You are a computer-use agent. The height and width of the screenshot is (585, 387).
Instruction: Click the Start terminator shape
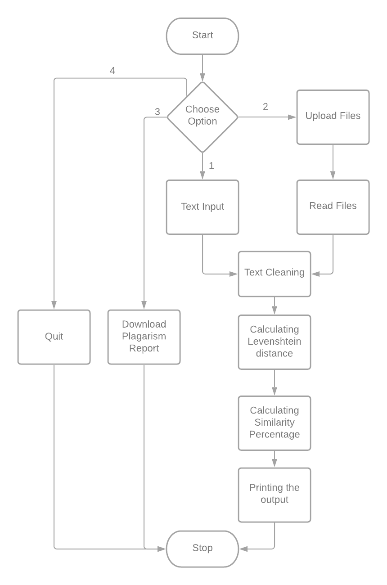(202, 36)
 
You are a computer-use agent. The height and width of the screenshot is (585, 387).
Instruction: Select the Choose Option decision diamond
(202, 116)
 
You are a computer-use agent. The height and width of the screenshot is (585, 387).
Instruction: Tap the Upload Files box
(333, 117)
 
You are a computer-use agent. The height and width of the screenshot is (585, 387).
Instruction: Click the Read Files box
(333, 207)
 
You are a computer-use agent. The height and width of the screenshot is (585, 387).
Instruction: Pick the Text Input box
(202, 207)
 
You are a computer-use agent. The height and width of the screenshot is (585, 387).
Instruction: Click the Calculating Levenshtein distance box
(274, 342)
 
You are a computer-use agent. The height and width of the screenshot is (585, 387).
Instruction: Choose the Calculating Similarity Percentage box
(274, 423)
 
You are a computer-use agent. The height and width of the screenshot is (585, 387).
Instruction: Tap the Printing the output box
(274, 495)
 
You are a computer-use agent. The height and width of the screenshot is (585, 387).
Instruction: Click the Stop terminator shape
(202, 548)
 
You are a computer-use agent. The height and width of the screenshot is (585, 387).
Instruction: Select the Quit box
(54, 337)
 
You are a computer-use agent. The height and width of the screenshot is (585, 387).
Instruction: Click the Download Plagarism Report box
(144, 337)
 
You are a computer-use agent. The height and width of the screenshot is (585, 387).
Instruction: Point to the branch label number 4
(112, 71)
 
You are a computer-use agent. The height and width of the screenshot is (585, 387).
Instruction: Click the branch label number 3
(157, 112)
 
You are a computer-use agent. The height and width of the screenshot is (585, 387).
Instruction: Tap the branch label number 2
(265, 107)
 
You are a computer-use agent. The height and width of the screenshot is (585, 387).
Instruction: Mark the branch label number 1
(211, 166)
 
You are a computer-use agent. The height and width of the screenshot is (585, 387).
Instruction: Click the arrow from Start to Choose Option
(202, 67)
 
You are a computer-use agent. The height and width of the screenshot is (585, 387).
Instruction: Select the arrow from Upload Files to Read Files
(333, 162)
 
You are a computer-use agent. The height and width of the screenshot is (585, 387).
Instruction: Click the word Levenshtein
(274, 341)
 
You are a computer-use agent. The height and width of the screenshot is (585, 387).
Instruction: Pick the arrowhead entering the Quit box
(54, 305)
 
